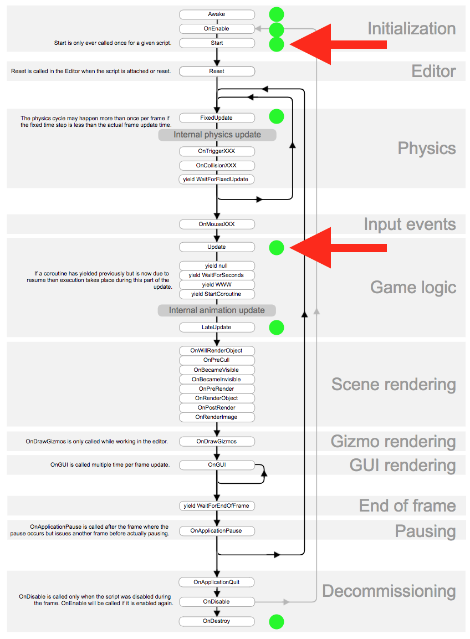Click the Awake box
[x=217, y=14]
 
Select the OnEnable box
[x=217, y=29]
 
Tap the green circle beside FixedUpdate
[x=276, y=116]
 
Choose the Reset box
[x=217, y=71]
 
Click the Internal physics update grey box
[x=217, y=135]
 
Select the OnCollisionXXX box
[x=217, y=165]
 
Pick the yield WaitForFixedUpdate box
[x=217, y=180]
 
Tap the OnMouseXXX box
[x=217, y=224]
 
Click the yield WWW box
[x=217, y=284]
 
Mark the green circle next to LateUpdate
[x=276, y=328]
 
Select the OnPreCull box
[x=217, y=360]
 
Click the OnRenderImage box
[x=217, y=417]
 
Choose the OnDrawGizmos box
[x=217, y=442]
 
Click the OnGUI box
[x=217, y=465]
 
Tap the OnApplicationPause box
[x=217, y=531]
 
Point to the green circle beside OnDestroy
[x=276, y=621]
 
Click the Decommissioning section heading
[x=389, y=591]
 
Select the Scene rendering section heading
[x=394, y=385]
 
